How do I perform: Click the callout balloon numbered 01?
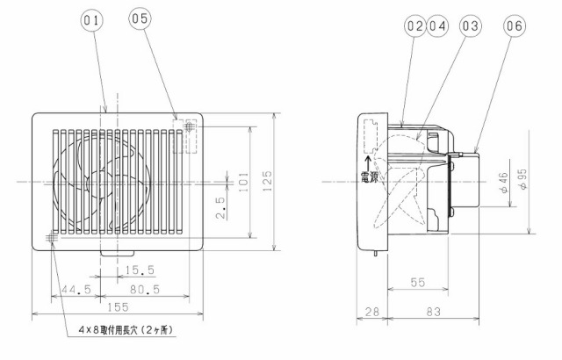(91, 20)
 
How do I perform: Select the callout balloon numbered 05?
(140, 18)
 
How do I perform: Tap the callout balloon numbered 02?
(415, 25)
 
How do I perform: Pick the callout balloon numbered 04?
(437, 25)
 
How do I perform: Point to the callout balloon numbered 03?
(471, 25)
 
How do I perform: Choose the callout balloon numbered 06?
(515, 25)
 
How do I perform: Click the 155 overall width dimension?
(118, 307)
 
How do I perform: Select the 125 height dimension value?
(267, 181)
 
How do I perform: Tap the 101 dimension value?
(243, 182)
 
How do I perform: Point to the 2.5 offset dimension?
(220, 208)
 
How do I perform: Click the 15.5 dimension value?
(140, 270)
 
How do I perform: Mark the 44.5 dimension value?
(76, 289)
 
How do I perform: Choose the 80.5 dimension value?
(144, 289)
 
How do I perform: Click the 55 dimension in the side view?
(418, 282)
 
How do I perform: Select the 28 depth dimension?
(371, 312)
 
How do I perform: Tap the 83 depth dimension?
(433, 312)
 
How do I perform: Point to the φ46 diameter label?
(503, 183)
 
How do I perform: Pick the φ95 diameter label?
(522, 179)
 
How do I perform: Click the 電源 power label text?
(369, 177)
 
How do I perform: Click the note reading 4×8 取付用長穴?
(126, 330)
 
